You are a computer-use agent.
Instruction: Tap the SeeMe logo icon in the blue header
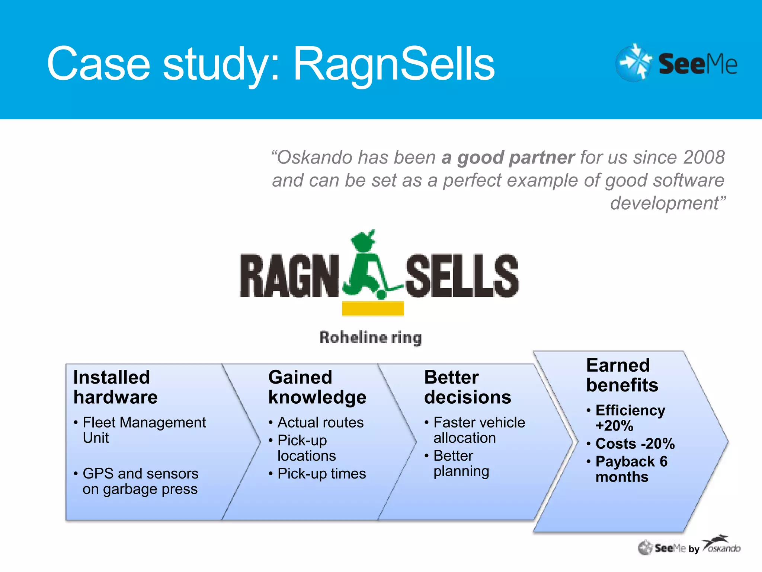pos(634,63)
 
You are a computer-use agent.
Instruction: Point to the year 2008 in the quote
pos(704,157)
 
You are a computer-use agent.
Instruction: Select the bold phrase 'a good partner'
pos(508,158)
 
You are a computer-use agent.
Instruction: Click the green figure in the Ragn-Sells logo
pos(366,266)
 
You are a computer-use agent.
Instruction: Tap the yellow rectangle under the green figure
pos(373,309)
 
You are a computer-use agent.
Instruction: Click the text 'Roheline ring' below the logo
pos(371,337)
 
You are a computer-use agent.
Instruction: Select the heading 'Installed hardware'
pos(115,387)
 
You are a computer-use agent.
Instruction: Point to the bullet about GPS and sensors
pos(140,481)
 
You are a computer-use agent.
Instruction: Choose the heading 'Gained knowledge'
pos(317,387)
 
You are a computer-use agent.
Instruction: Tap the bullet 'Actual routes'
pos(320,423)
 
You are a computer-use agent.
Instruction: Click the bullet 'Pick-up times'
pos(321,474)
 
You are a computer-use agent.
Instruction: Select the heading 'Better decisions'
pos(467,387)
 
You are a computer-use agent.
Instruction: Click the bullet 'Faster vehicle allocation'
pos(479,430)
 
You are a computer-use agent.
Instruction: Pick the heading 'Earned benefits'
pos(622,375)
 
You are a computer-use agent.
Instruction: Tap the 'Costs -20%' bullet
pos(635,444)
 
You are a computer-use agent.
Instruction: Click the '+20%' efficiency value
pos(614,426)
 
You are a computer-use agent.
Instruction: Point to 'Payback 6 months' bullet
pos(631,469)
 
